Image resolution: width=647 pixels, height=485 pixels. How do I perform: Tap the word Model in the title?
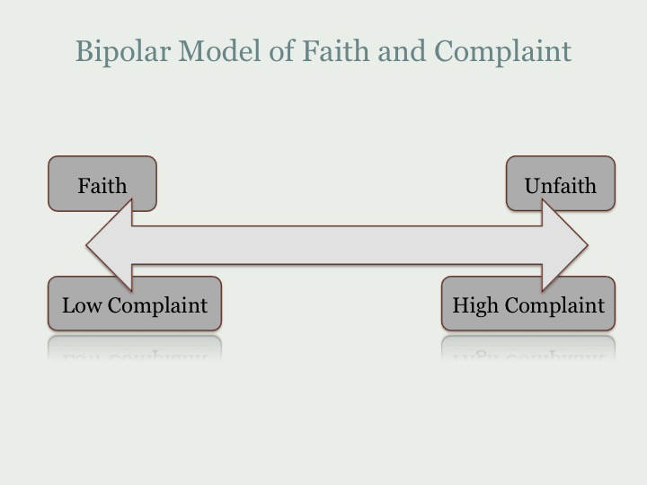click(x=221, y=51)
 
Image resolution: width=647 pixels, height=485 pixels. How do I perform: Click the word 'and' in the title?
click(x=403, y=51)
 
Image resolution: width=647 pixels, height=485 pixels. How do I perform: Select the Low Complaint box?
click(x=135, y=304)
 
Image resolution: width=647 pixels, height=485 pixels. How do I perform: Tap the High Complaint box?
click(x=528, y=304)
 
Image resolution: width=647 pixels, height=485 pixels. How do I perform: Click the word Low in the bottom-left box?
click(x=82, y=305)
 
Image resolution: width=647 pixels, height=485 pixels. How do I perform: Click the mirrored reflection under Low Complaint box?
click(x=135, y=348)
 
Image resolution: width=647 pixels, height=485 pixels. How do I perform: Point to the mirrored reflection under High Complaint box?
click(x=528, y=348)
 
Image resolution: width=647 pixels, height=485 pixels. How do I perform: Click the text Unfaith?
click(x=561, y=186)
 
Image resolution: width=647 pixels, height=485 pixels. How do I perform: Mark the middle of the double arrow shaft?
click(x=337, y=245)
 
